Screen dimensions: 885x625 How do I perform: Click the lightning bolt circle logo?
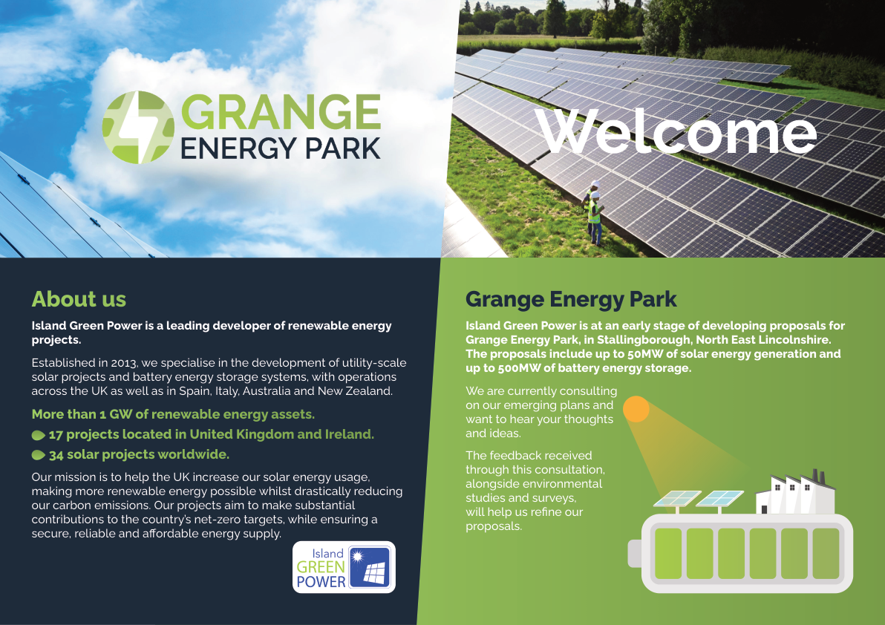138,128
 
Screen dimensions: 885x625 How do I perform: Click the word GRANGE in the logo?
281,112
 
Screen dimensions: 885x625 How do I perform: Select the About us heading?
79,299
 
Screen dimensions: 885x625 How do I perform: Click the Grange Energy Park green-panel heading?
571,299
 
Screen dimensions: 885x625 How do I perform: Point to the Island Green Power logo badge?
344,567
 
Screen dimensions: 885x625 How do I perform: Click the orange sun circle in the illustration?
636,409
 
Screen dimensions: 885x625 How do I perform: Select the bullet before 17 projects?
39,435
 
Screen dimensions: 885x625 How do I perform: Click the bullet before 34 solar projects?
39,455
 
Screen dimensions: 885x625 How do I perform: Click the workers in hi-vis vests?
592,213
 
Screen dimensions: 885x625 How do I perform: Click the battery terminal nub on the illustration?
635,553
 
